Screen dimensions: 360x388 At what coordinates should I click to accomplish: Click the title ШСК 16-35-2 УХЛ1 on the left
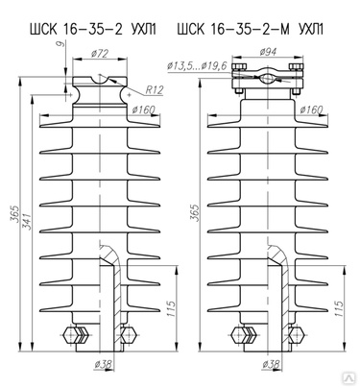click(x=93, y=30)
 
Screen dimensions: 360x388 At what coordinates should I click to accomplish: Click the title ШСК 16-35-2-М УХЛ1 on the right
click(x=251, y=30)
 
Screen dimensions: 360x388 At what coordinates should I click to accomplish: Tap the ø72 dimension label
click(x=100, y=53)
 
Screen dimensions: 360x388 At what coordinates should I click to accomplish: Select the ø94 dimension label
click(x=268, y=51)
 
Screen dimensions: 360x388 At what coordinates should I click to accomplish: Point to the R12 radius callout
click(x=155, y=90)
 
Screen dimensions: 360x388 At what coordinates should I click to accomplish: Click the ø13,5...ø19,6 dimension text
click(x=197, y=66)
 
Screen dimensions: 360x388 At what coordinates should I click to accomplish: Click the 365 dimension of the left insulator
click(x=14, y=213)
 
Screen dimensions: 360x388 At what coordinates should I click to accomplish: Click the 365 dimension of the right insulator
click(x=194, y=212)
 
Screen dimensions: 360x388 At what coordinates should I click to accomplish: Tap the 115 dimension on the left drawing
click(x=171, y=308)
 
